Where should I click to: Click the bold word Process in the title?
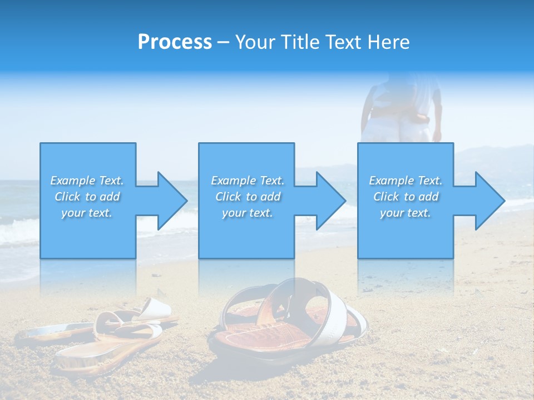click(x=175, y=42)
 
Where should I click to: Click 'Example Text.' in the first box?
click(x=87, y=181)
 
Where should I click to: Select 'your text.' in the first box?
click(x=87, y=213)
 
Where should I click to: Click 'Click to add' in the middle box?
click(x=248, y=197)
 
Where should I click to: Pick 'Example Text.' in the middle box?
click(x=248, y=181)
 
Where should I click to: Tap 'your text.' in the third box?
click(x=406, y=213)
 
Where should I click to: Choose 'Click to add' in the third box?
click(x=406, y=197)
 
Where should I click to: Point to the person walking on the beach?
click(x=400, y=111)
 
